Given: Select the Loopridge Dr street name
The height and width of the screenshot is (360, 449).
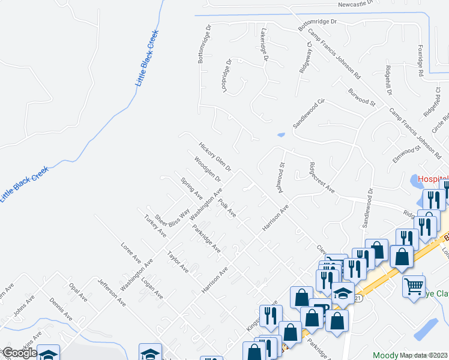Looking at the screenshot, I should click(226, 74).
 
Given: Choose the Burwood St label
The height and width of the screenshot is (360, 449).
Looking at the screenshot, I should click(361, 97).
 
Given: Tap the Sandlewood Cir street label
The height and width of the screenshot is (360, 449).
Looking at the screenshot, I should click(309, 113).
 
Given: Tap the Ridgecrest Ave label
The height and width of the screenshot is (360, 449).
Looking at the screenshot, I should click(322, 177).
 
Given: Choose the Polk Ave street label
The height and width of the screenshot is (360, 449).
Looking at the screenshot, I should click(228, 208).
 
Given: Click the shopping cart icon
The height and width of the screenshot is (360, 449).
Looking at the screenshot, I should click(414, 287).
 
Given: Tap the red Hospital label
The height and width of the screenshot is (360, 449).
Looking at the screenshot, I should click(433, 179).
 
